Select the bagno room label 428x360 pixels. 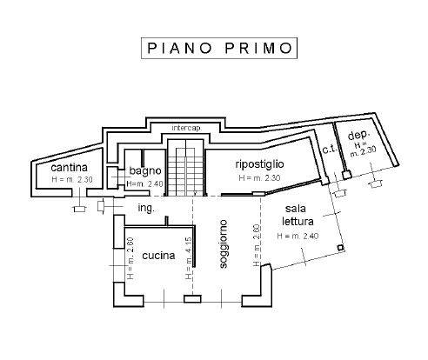pyautogui.click(x=144, y=171)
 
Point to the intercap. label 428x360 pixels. pyautogui.click(x=187, y=129)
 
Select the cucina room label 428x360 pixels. pyautogui.click(x=159, y=256)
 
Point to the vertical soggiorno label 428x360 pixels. pyautogui.click(x=224, y=247)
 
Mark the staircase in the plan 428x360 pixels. pyautogui.click(x=183, y=170)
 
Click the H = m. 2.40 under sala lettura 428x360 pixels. pyautogui.click(x=298, y=236)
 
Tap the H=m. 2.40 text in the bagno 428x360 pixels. pyautogui.click(x=144, y=184)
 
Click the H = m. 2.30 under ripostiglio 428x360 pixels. pyautogui.click(x=260, y=177)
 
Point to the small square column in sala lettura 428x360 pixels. pyautogui.click(x=340, y=248)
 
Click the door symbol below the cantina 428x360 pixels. pyautogui.click(x=77, y=207)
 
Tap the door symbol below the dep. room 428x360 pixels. pyautogui.click(x=376, y=182)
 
